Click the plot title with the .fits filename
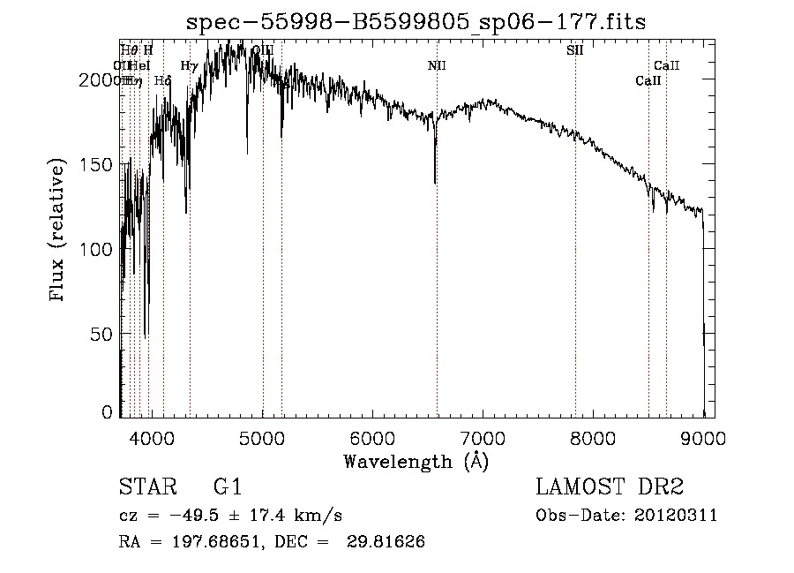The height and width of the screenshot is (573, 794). click(x=416, y=22)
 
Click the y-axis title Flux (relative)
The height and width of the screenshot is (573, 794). click(x=59, y=231)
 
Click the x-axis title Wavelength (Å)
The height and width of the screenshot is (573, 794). click(x=416, y=461)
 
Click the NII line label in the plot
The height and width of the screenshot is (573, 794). click(x=437, y=65)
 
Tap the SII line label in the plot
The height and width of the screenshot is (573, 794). click(x=575, y=50)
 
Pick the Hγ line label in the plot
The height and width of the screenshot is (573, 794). click(x=189, y=65)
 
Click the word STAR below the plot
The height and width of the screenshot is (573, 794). click(x=146, y=487)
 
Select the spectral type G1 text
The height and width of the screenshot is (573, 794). click(x=228, y=487)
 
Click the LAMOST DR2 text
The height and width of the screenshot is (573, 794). click(x=609, y=487)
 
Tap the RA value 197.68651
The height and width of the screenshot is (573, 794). click(x=209, y=542)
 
